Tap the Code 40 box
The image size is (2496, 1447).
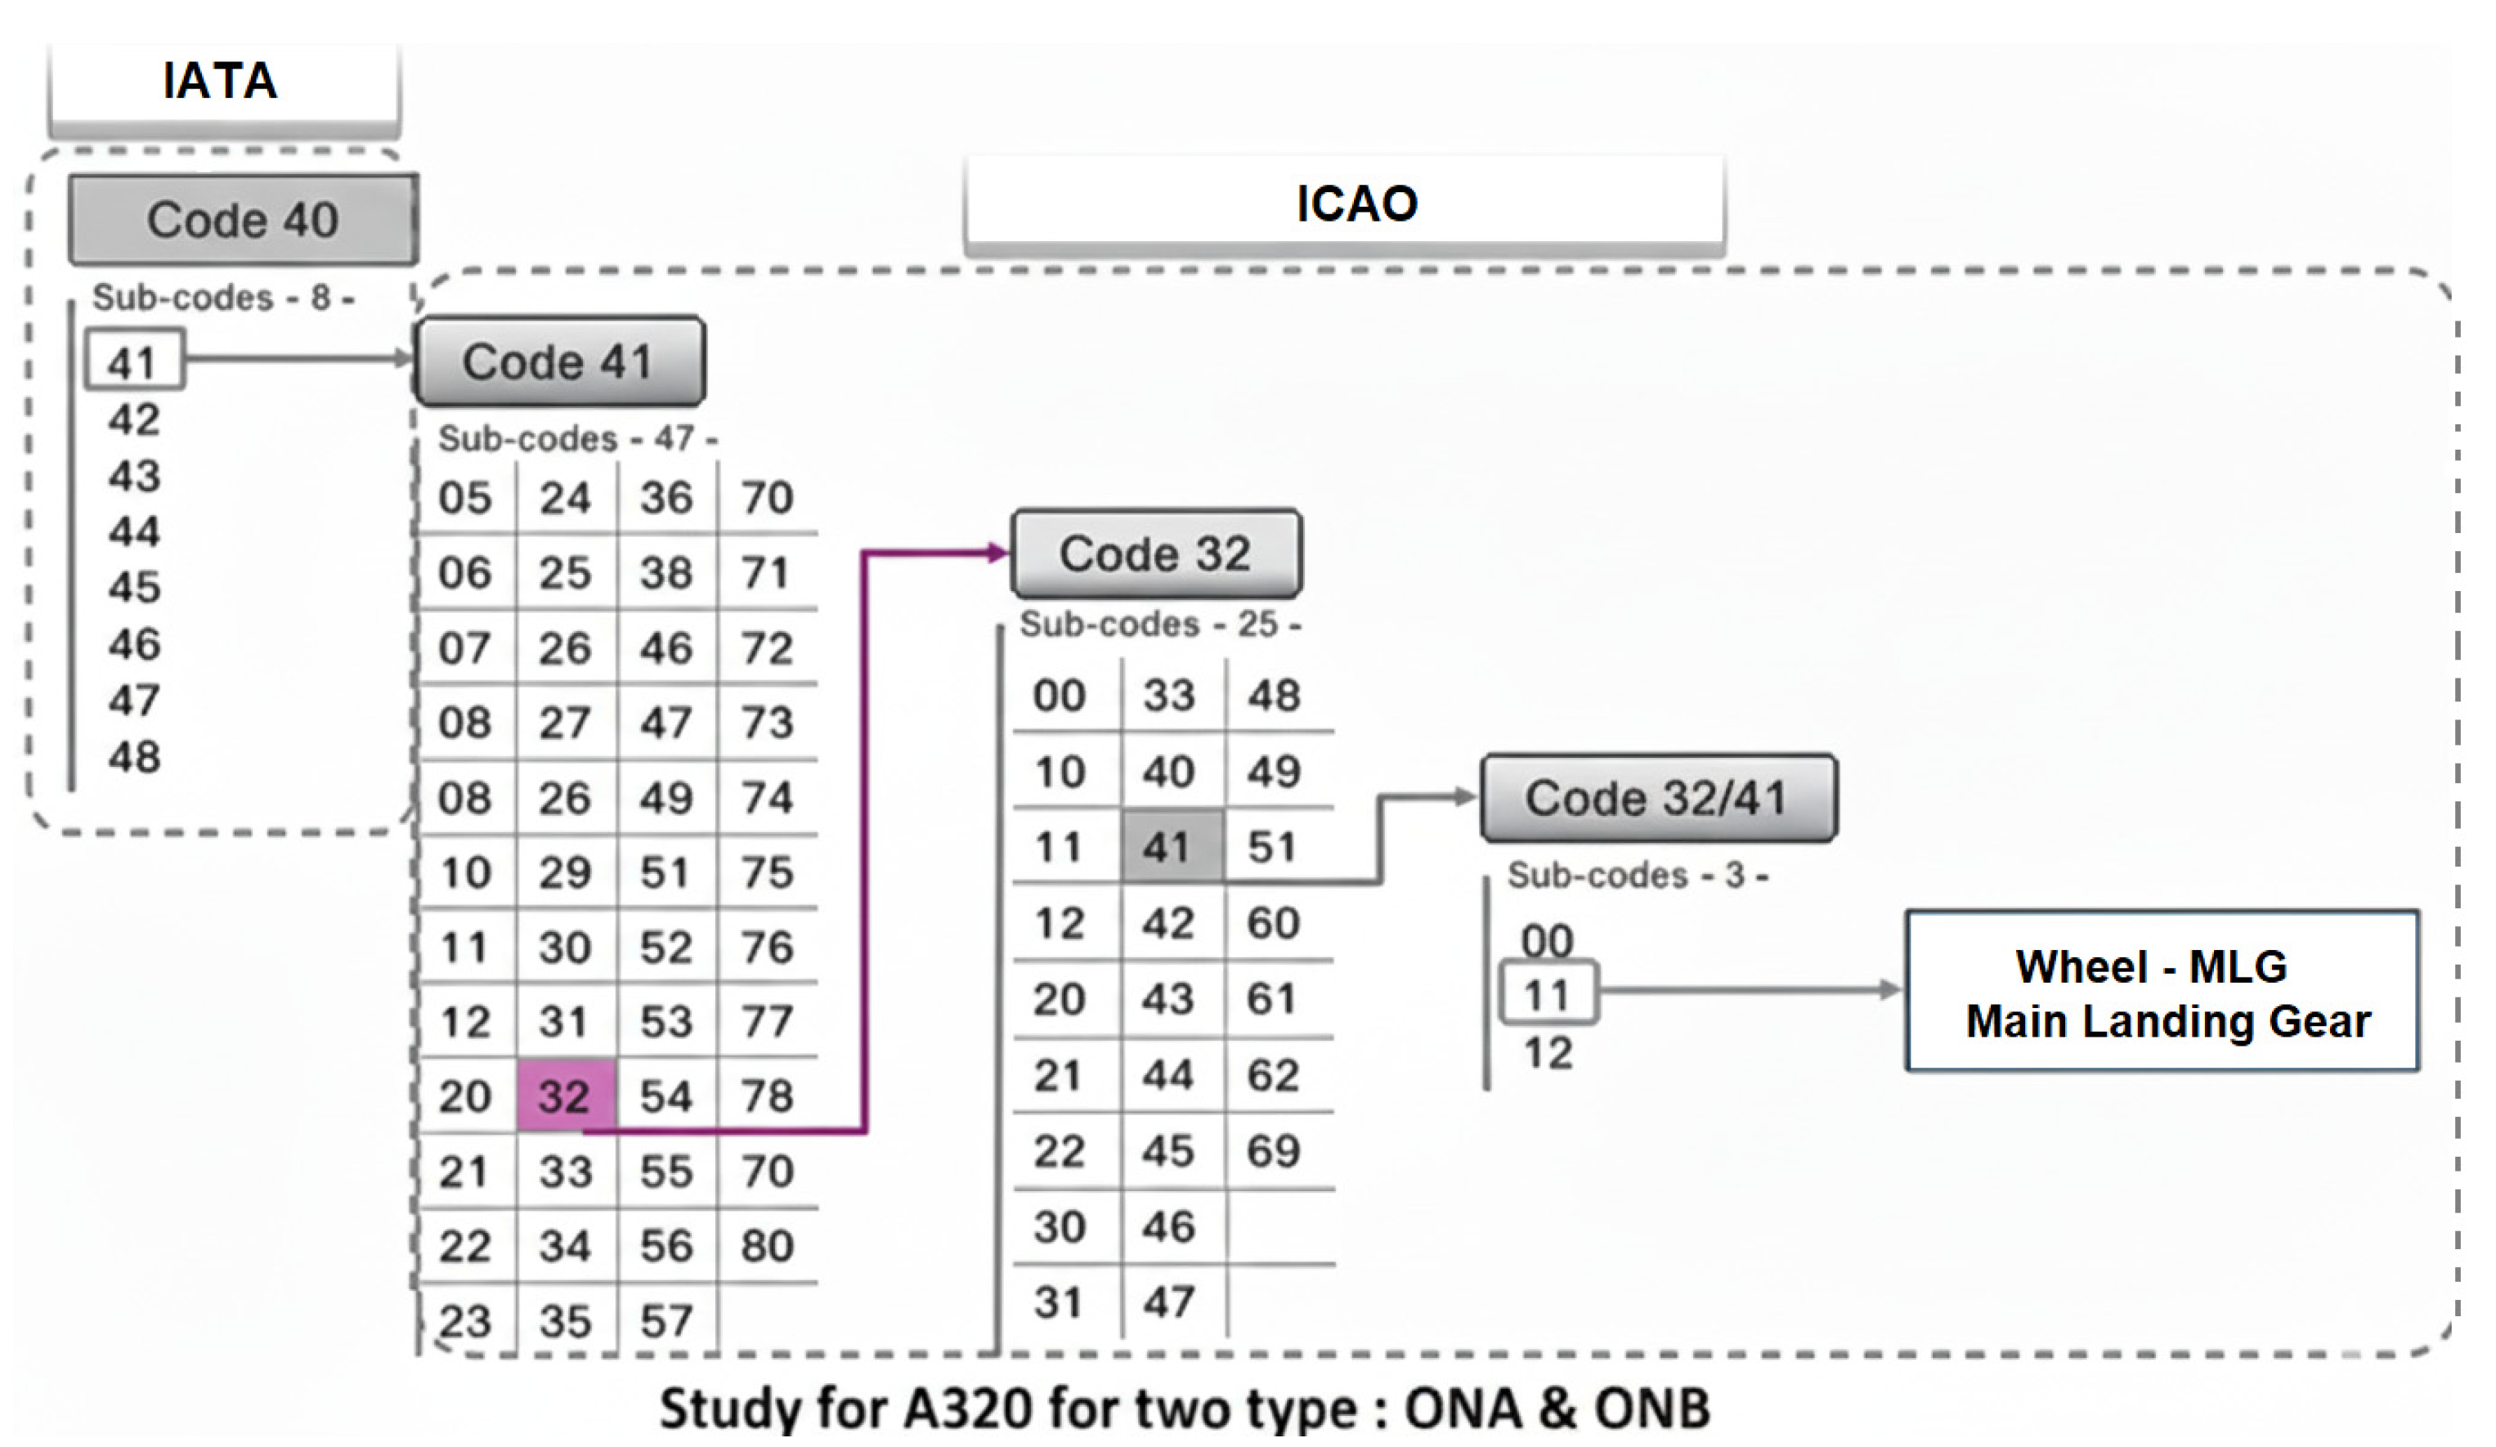tap(243, 220)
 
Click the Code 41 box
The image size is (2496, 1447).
tap(560, 361)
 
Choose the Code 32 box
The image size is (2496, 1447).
tap(1155, 553)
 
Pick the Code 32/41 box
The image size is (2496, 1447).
tap(1657, 798)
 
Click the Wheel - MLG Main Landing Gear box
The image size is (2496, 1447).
tap(2162, 992)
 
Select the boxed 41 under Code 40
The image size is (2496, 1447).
tap(134, 361)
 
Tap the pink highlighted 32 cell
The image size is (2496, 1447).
tap(566, 1095)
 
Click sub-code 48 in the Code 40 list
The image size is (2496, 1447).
tap(135, 757)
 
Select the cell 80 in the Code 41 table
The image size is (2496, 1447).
tap(767, 1245)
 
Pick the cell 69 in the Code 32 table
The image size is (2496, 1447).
tap(1273, 1151)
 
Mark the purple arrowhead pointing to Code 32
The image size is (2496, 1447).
tap(997, 553)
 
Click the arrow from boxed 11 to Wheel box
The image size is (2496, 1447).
tap(1743, 989)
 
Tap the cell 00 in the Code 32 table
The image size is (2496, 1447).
tap(1060, 695)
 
